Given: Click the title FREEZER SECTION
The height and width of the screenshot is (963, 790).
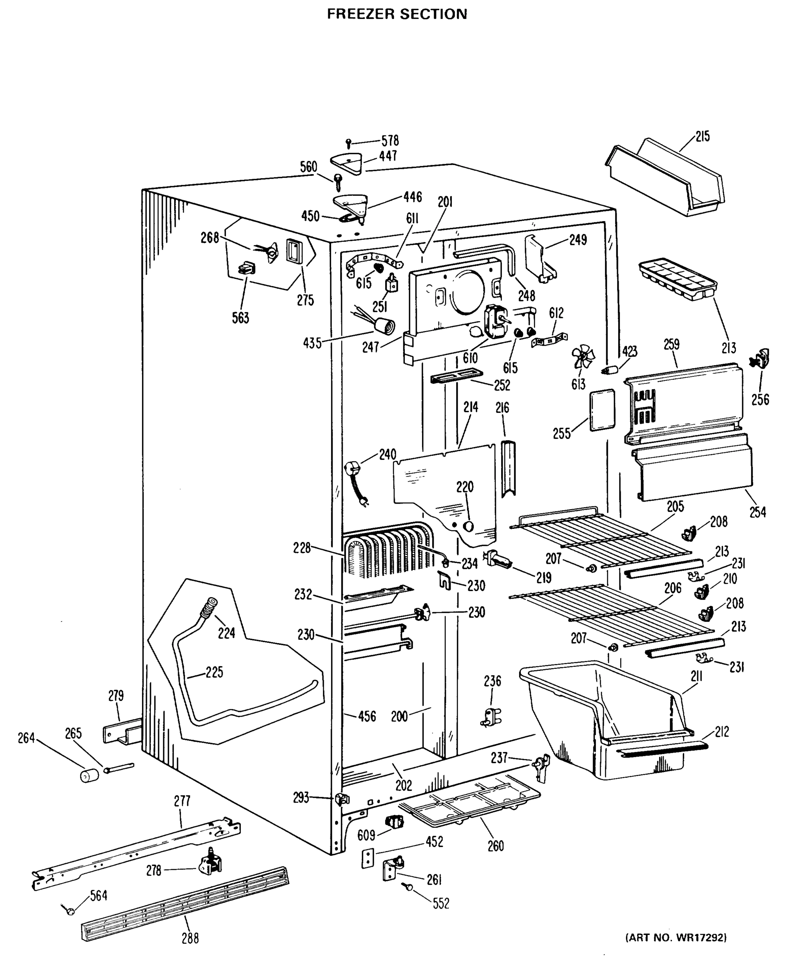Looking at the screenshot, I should (x=397, y=14).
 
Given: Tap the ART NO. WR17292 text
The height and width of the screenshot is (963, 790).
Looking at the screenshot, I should (x=676, y=937).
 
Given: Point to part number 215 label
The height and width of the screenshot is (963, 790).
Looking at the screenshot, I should (x=702, y=136).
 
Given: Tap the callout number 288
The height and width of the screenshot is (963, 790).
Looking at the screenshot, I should (x=190, y=938).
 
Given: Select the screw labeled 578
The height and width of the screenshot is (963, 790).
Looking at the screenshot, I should (x=349, y=143).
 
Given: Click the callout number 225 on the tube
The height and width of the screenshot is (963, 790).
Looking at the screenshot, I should (x=214, y=672).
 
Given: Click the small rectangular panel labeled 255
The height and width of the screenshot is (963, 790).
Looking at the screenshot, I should (x=602, y=410).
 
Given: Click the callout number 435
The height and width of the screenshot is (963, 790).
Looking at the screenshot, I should (x=312, y=343).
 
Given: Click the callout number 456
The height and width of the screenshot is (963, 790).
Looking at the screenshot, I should (x=367, y=716).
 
